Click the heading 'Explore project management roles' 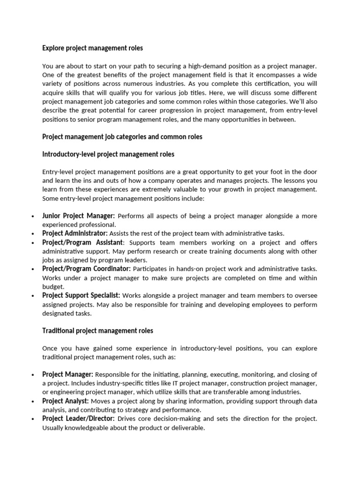[x=92, y=48]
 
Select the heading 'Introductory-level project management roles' [x=108, y=154]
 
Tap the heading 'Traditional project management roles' [x=97, y=331]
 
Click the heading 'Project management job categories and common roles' [x=122, y=137]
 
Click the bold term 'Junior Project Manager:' [x=78, y=216]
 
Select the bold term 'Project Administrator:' [x=75, y=233]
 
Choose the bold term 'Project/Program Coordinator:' [x=86, y=269]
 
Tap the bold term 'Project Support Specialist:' [x=81, y=295]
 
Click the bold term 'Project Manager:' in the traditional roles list [x=68, y=375]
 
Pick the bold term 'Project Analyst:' [x=66, y=401]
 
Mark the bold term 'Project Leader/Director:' [x=79, y=419]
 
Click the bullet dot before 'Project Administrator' [x=32, y=234]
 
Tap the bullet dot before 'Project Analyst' [x=32, y=402]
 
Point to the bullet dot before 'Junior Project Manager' [x=32, y=216]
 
